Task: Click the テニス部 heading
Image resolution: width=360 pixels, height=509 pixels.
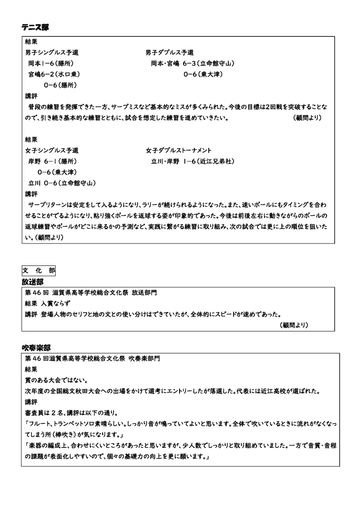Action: (35, 27)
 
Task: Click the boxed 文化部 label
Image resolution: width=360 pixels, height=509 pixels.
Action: (38, 270)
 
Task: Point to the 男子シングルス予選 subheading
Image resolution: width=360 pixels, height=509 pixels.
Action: (52, 52)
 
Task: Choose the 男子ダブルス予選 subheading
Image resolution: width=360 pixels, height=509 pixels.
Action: (170, 52)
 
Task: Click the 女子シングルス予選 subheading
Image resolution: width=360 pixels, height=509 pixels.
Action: (52, 150)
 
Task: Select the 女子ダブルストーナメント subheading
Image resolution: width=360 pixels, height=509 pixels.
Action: (179, 150)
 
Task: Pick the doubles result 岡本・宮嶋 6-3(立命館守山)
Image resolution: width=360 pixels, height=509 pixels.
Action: (192, 63)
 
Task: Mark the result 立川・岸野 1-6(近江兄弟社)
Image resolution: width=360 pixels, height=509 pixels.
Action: (192, 161)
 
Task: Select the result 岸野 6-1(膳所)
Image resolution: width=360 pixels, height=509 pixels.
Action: (52, 161)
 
